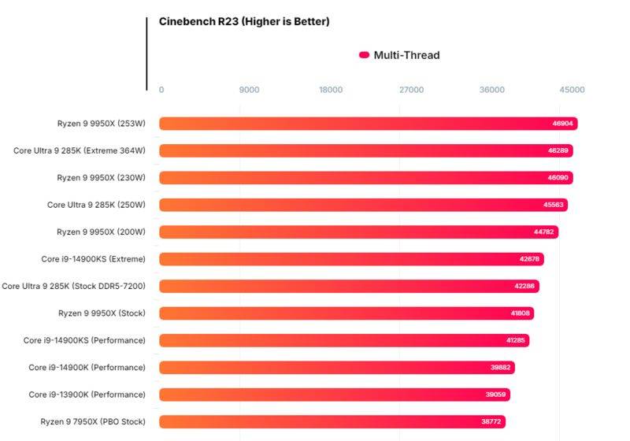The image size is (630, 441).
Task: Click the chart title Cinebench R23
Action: (x=244, y=22)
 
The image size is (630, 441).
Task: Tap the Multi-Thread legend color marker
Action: (x=364, y=55)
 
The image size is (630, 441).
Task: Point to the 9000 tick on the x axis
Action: (x=249, y=90)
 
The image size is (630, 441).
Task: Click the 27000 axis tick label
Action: (x=411, y=90)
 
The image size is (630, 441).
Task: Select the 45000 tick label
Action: (x=572, y=90)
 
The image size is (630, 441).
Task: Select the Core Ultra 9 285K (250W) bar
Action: (x=363, y=205)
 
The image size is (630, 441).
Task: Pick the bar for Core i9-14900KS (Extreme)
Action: (x=351, y=259)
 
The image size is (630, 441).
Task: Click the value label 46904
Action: (x=562, y=124)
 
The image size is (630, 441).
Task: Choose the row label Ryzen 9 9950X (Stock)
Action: (x=102, y=313)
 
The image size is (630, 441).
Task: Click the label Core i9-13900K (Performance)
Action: (x=87, y=395)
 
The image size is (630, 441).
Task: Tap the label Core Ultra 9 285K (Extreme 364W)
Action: (x=80, y=150)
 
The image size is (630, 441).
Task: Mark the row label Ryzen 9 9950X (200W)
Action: (x=102, y=232)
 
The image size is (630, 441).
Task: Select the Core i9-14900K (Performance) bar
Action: (x=337, y=368)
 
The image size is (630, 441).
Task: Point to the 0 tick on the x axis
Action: (x=161, y=90)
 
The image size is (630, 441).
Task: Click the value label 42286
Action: (x=524, y=286)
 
